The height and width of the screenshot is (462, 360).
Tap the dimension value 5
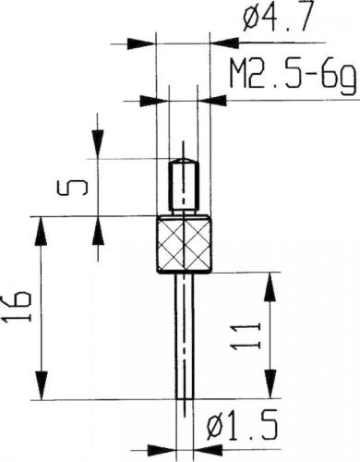(x=72, y=188)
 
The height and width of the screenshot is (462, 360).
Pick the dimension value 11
(x=246, y=336)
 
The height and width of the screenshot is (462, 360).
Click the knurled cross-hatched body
(x=184, y=245)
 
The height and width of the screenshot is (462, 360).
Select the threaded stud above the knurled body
(x=184, y=187)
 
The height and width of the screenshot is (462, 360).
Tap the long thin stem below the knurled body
(x=185, y=336)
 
